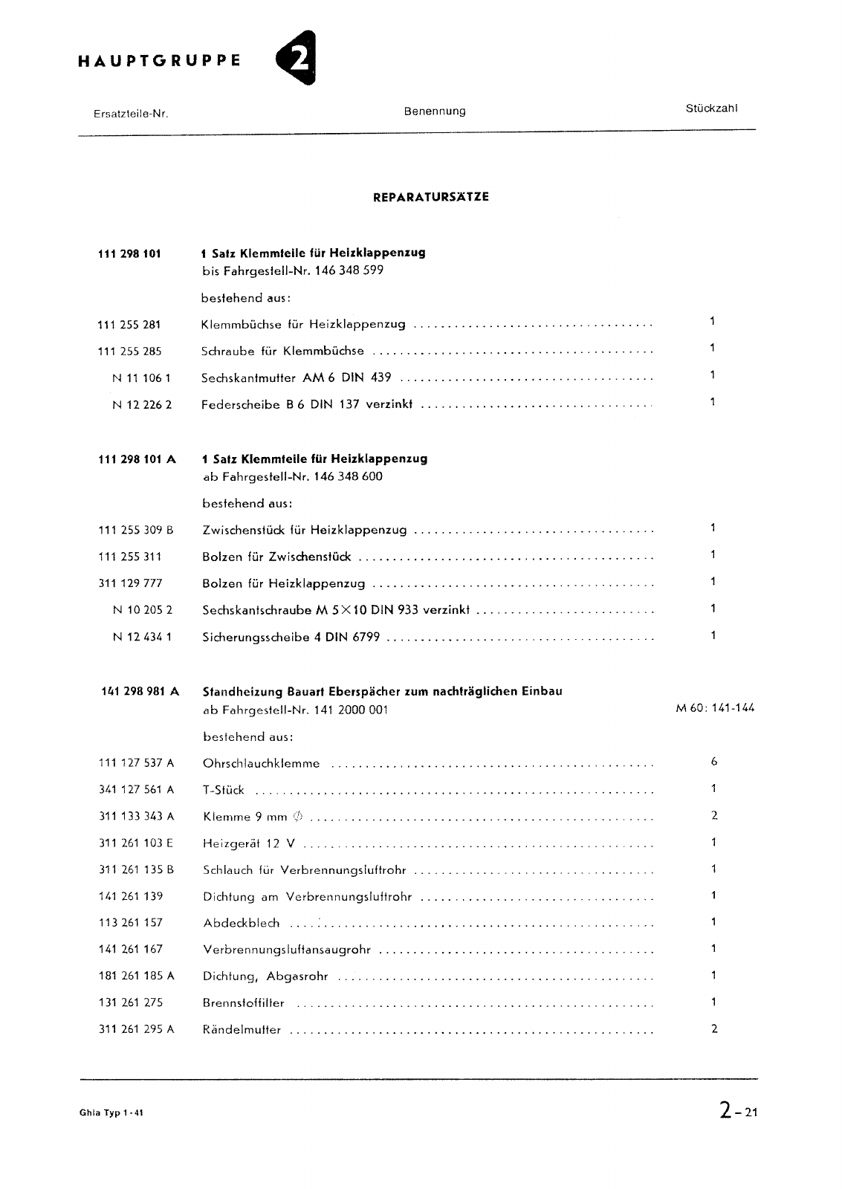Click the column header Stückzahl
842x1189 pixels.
click(x=711, y=108)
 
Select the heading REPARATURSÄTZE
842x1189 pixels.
click(x=431, y=198)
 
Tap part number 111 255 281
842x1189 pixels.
click(x=129, y=325)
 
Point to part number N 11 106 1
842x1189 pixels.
click(x=141, y=378)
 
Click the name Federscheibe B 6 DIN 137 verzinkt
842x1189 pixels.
click(x=306, y=405)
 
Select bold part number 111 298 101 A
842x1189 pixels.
click(x=137, y=459)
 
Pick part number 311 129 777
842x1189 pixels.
click(x=130, y=584)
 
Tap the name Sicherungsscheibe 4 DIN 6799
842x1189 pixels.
click(x=291, y=638)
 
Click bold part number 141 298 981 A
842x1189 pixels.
click(x=140, y=692)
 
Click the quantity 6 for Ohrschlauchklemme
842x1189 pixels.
click(x=713, y=762)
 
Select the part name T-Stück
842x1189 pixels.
click(x=223, y=790)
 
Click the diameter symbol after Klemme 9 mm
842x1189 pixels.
click(x=298, y=817)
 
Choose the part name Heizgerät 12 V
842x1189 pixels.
click(x=250, y=843)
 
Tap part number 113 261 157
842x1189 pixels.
click(x=131, y=923)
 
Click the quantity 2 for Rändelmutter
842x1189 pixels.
click(x=713, y=1029)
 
